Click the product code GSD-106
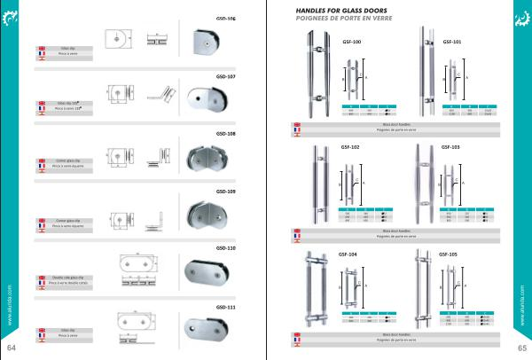[x=225, y=18]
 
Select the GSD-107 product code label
[x=225, y=76]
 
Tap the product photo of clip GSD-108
[x=209, y=160]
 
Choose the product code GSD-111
[x=225, y=307]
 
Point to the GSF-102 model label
[x=349, y=147]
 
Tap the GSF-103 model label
[x=450, y=147]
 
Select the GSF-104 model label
[x=348, y=254]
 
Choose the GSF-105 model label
[x=448, y=254]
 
